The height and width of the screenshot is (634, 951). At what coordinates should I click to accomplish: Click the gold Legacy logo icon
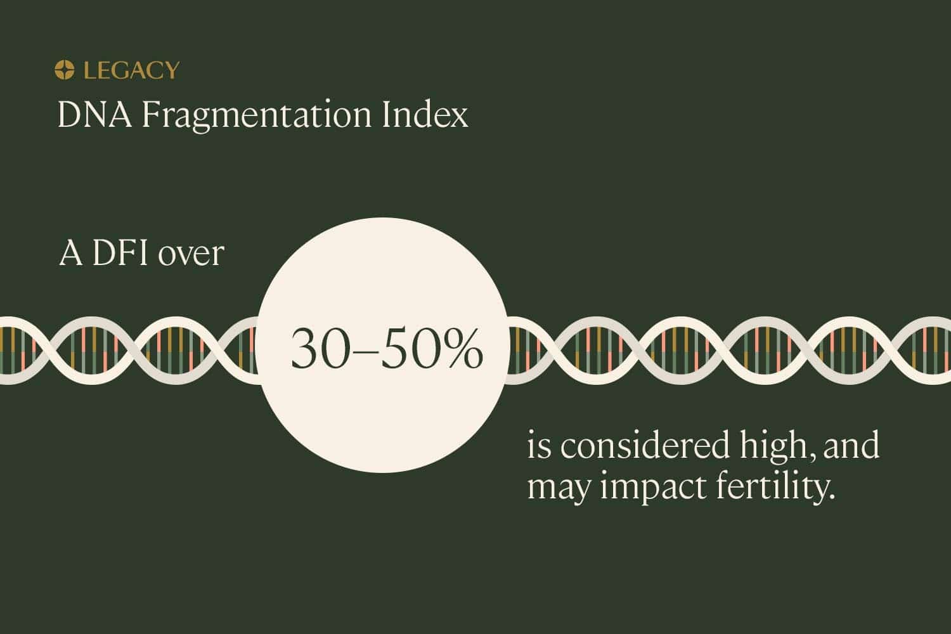pyautogui.click(x=64, y=70)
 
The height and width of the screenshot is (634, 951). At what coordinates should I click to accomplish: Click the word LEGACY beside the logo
pyautogui.click(x=131, y=70)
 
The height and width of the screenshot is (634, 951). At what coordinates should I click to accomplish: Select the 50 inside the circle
pyautogui.click(x=406, y=351)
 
